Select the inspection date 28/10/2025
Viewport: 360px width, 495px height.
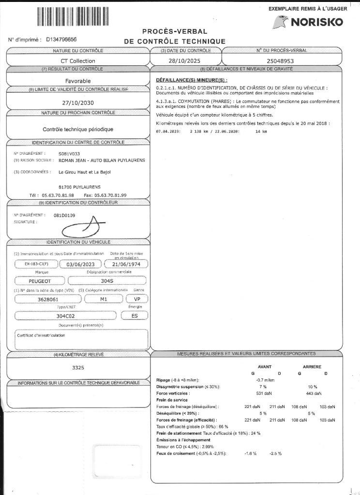pyautogui.click(x=185, y=61)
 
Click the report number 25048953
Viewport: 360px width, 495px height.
pyautogui.click(x=281, y=61)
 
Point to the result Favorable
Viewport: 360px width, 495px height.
pyautogui.click(x=78, y=81)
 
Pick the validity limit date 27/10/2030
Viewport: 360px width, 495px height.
pyautogui.click(x=78, y=102)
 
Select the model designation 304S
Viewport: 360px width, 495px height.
pyautogui.click(x=106, y=280)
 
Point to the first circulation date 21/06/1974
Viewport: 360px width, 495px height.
pyautogui.click(x=125, y=264)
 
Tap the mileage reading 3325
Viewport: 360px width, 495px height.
pyautogui.click(x=78, y=367)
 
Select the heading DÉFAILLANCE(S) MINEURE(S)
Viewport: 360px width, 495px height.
pyautogui.click(x=192, y=80)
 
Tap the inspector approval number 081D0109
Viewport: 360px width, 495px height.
pyautogui.click(x=64, y=215)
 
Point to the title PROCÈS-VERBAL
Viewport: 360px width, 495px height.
pyautogui.click(x=175, y=31)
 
